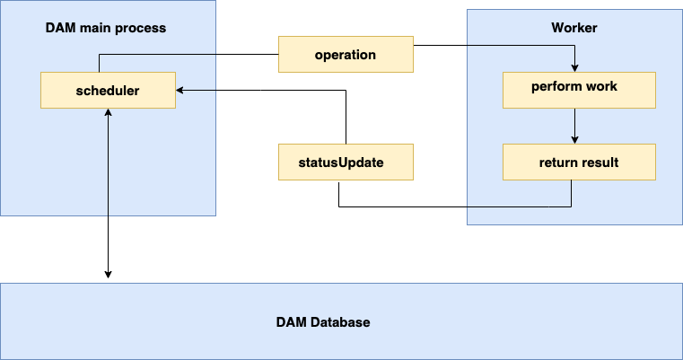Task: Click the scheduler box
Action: (108, 91)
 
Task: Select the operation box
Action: (346, 55)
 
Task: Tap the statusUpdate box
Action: (346, 162)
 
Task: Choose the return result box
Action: (579, 162)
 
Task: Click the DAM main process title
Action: (106, 28)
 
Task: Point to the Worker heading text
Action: (574, 28)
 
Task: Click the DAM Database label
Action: (322, 321)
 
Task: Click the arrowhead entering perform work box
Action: (574, 67)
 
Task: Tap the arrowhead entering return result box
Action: (574, 139)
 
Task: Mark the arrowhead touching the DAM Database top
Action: (109, 273)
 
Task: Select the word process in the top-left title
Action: (143, 28)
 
